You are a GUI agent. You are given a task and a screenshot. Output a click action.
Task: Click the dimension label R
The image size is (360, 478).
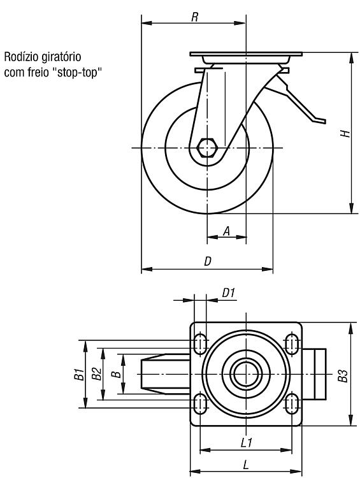(x=194, y=17)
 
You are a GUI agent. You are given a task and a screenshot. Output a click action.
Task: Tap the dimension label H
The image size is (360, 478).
(x=345, y=133)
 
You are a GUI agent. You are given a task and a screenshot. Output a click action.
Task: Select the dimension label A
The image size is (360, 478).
(x=226, y=231)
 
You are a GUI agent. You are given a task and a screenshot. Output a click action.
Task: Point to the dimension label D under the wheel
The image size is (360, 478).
(x=207, y=261)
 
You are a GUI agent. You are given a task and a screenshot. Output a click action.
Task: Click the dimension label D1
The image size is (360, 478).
(x=228, y=293)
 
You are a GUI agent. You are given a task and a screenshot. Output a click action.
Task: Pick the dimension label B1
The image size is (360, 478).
(x=79, y=374)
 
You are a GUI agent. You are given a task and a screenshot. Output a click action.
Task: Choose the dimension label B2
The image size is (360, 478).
(x=97, y=374)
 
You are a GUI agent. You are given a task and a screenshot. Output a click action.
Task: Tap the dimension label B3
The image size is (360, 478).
(x=343, y=376)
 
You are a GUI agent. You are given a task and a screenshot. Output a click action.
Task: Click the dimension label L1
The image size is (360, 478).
(x=247, y=443)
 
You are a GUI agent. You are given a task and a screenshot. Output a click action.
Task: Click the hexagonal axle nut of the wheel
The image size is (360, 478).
(x=207, y=148)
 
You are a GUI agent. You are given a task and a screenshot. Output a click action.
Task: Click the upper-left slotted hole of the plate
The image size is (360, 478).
(x=199, y=344)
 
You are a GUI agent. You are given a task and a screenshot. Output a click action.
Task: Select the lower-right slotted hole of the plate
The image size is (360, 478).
(x=292, y=403)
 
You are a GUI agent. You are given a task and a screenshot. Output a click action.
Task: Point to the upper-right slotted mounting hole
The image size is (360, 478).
(x=292, y=344)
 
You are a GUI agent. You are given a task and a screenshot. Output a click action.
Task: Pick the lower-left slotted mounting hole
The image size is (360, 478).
(x=199, y=403)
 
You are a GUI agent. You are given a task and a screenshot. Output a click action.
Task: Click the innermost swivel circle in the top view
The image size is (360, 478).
(x=246, y=373)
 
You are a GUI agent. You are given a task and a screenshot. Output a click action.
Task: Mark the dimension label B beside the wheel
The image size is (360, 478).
(x=116, y=374)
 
